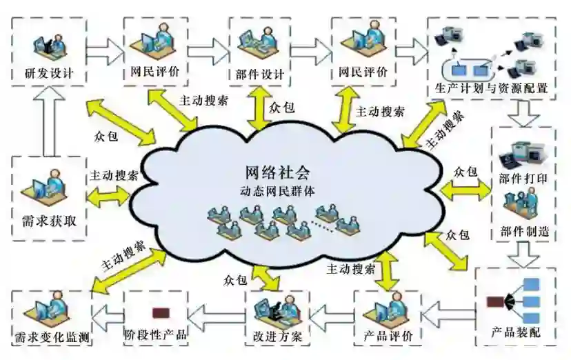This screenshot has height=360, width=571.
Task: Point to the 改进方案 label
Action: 277,337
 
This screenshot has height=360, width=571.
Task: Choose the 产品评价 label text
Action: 388,337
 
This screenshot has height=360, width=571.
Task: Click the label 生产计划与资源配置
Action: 492,88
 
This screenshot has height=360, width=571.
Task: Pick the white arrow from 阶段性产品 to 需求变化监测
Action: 108,317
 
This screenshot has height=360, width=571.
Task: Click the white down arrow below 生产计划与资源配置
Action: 525,110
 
